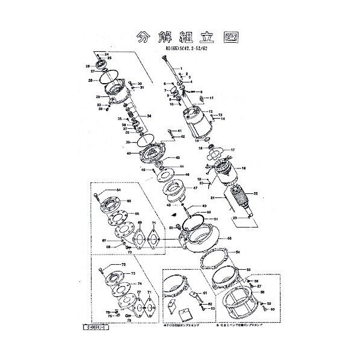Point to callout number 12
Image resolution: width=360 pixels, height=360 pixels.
pos(211,112)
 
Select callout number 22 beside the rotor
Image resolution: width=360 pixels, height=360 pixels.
pos(256,193)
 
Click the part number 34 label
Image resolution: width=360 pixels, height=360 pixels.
pos(149,116)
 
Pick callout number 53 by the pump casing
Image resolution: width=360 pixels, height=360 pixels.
pos(229,239)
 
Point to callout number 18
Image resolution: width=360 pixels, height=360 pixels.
pos(244,169)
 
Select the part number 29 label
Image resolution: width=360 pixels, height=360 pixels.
pos(98,97)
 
